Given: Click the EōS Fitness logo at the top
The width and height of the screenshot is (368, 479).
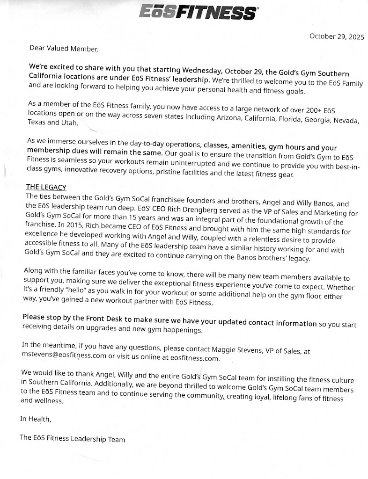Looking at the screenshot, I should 198,12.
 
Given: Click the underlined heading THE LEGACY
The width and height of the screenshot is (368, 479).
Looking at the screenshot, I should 46,187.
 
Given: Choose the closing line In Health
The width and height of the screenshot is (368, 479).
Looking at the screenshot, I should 36,419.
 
